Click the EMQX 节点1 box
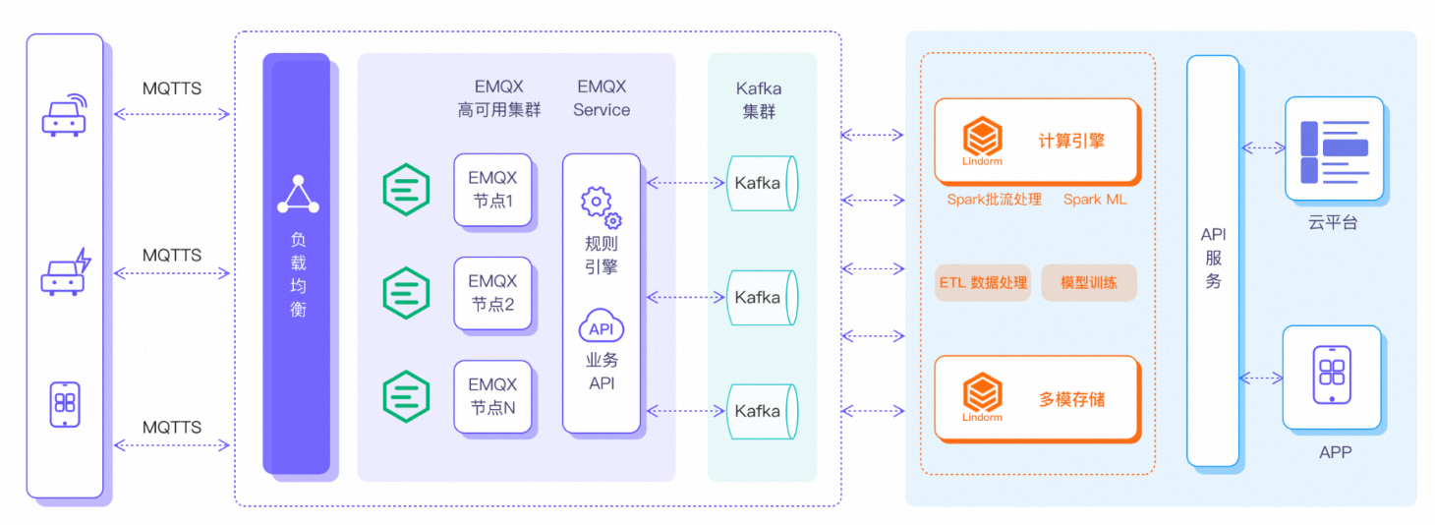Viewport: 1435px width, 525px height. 492,191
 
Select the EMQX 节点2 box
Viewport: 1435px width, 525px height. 492,293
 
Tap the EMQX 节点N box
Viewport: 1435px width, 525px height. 492,396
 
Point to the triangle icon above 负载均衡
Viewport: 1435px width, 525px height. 298,195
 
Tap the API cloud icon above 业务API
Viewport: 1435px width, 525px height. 601,327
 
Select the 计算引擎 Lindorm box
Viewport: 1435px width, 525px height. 1036,142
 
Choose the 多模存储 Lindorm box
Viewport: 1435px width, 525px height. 1036,399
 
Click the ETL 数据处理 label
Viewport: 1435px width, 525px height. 983,283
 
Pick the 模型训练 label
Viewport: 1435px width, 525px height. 1089,283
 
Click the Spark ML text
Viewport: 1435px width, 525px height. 1095,200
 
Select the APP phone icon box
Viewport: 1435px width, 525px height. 1332,376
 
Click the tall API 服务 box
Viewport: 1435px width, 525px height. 1213,261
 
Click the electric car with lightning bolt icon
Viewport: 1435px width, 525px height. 65,273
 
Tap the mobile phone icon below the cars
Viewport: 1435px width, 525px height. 65,404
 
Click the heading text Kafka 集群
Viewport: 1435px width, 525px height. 759,100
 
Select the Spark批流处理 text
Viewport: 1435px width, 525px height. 995,200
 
